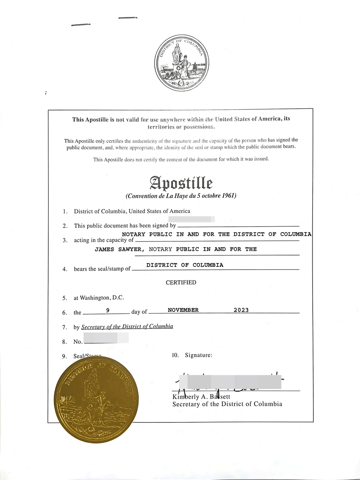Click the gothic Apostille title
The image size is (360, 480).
(x=181, y=183)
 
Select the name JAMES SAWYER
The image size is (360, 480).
(x=120, y=249)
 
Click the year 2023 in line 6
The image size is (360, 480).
(x=241, y=310)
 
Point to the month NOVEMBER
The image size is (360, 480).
(x=183, y=310)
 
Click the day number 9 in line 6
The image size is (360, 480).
(x=108, y=310)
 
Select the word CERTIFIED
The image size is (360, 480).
(x=181, y=283)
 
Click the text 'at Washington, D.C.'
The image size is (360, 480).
(x=99, y=298)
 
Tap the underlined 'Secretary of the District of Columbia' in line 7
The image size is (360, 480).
(x=127, y=327)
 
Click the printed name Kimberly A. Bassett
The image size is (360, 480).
(x=201, y=397)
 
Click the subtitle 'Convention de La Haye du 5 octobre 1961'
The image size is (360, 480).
(x=181, y=196)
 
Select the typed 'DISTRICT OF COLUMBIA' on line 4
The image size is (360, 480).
(x=185, y=265)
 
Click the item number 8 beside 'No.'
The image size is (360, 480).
(x=64, y=341)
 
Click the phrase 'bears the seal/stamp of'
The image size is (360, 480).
(x=102, y=269)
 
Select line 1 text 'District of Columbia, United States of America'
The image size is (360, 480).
(x=132, y=211)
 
